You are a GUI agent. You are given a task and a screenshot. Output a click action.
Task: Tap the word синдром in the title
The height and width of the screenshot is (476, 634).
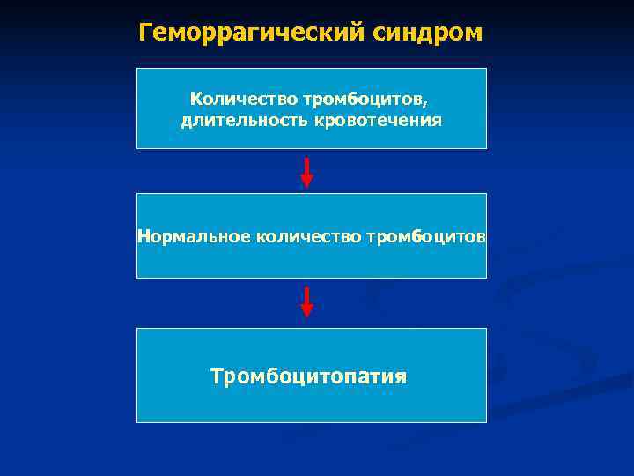tap(431, 33)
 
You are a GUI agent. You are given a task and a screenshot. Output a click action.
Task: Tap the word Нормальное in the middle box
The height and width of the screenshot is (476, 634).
tap(193, 236)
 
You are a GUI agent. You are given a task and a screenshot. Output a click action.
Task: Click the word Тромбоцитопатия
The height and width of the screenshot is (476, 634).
tap(308, 376)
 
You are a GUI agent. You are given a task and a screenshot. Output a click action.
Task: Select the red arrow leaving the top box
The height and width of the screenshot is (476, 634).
tap(306, 171)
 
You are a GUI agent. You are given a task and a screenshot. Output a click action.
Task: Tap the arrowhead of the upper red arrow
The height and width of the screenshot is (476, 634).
tap(306, 181)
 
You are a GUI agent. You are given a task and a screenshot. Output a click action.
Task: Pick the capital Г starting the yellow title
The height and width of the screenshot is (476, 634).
tap(145, 33)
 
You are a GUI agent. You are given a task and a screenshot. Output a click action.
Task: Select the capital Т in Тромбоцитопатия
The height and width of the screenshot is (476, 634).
tap(217, 376)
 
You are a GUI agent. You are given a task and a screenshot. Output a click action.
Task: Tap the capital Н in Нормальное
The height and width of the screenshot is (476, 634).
tap(143, 236)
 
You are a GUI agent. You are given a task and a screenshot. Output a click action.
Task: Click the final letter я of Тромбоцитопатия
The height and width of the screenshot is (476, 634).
tap(401, 378)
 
